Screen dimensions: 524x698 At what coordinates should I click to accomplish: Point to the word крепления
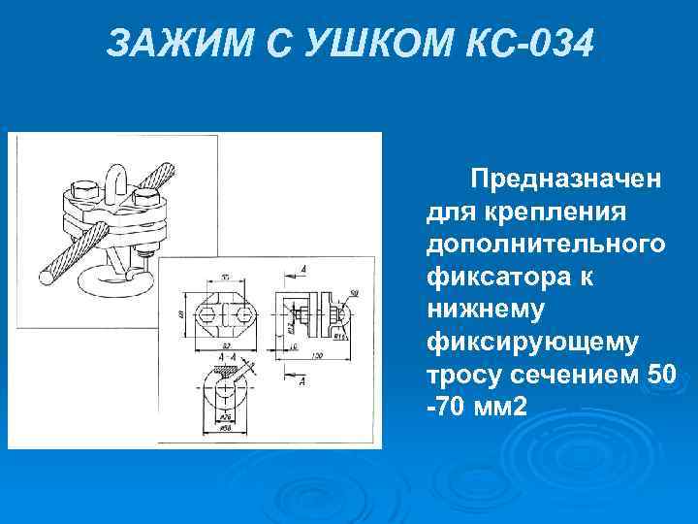[554, 212]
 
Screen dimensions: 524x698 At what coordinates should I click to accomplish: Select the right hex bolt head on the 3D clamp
[148, 199]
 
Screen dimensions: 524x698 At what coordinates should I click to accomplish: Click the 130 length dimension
[317, 356]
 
